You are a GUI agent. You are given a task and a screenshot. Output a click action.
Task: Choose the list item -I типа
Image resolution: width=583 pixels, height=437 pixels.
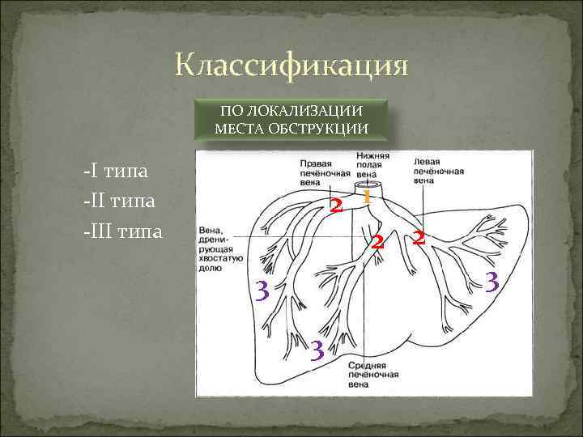(x=113, y=172)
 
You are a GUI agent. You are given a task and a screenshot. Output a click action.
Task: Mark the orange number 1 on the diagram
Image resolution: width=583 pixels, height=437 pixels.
(x=366, y=196)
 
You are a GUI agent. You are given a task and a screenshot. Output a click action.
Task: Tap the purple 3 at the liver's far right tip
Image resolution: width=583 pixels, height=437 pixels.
(x=490, y=282)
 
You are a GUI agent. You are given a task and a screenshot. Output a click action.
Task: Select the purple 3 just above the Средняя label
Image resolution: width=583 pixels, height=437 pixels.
(x=317, y=349)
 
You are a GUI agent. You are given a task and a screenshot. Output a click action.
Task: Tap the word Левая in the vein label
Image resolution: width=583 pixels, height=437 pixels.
(x=428, y=162)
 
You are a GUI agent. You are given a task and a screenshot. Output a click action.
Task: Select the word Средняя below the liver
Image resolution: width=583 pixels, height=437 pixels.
(x=367, y=367)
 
